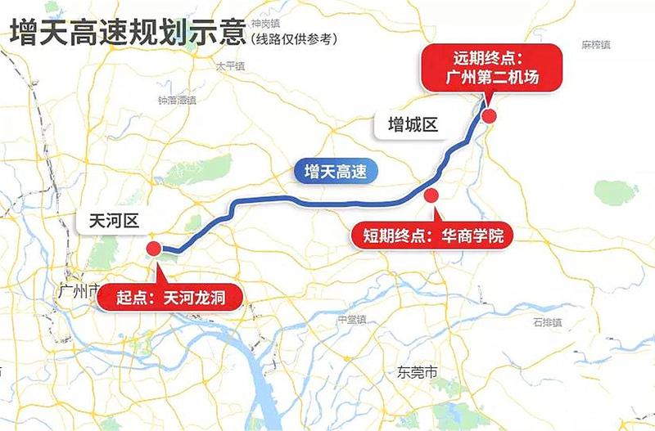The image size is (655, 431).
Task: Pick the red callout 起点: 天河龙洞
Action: pyautogui.click(x=170, y=298)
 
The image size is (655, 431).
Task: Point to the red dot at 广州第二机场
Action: pyautogui.click(x=489, y=117)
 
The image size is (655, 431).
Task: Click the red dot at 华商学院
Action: pyautogui.click(x=431, y=195)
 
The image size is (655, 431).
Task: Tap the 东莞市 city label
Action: pyautogui.click(x=417, y=372)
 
